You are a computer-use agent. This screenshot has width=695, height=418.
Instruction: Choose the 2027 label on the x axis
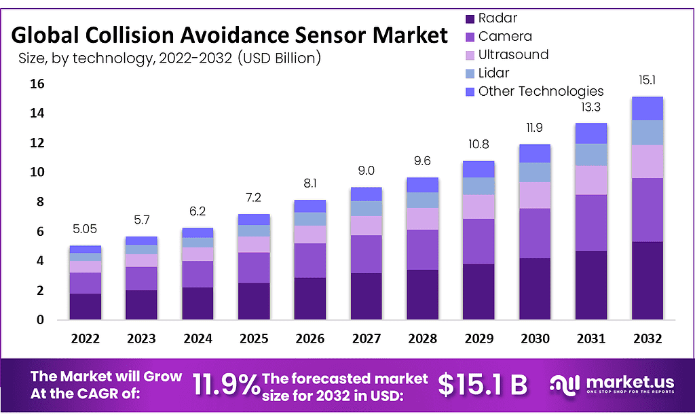(x=367, y=338)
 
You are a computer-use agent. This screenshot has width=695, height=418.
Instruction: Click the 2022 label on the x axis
(x=86, y=338)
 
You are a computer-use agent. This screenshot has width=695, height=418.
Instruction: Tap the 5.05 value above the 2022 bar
(x=86, y=230)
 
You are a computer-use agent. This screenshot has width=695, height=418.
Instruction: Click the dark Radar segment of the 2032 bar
(x=647, y=280)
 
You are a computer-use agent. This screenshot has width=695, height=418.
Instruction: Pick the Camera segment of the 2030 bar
(x=536, y=233)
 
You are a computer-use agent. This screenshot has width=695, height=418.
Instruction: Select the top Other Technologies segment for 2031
(x=591, y=133)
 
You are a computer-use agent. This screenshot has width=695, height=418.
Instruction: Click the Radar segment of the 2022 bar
(x=86, y=306)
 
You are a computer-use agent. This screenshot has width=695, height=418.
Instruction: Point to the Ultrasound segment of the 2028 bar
(x=423, y=218)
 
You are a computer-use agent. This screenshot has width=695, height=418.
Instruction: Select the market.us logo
(x=612, y=385)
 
